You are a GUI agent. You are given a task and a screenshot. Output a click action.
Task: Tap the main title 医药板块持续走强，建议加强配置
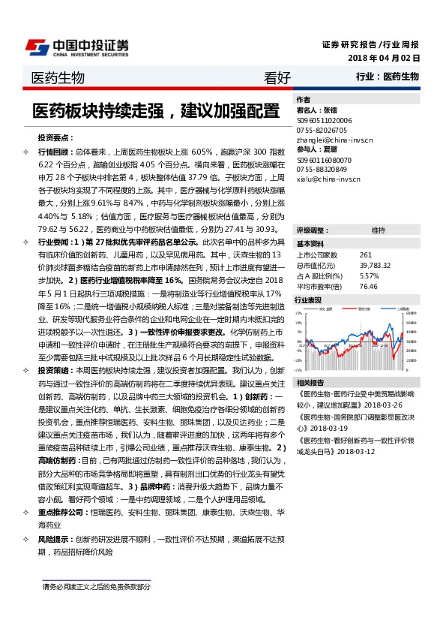pos(155,112)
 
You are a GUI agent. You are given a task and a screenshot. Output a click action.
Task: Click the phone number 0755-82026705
pos(322,130)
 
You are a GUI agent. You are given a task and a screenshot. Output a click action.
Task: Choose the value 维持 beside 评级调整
pos(378,230)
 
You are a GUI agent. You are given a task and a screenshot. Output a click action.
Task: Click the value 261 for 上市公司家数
pos(366,255)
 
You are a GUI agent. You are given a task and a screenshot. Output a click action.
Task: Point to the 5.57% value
pos(370,275)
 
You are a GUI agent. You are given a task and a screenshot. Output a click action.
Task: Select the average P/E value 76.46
pos(368,286)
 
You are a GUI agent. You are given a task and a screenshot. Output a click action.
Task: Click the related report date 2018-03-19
pos(341,427)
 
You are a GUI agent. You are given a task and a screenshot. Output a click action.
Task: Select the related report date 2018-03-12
pos(358,453)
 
